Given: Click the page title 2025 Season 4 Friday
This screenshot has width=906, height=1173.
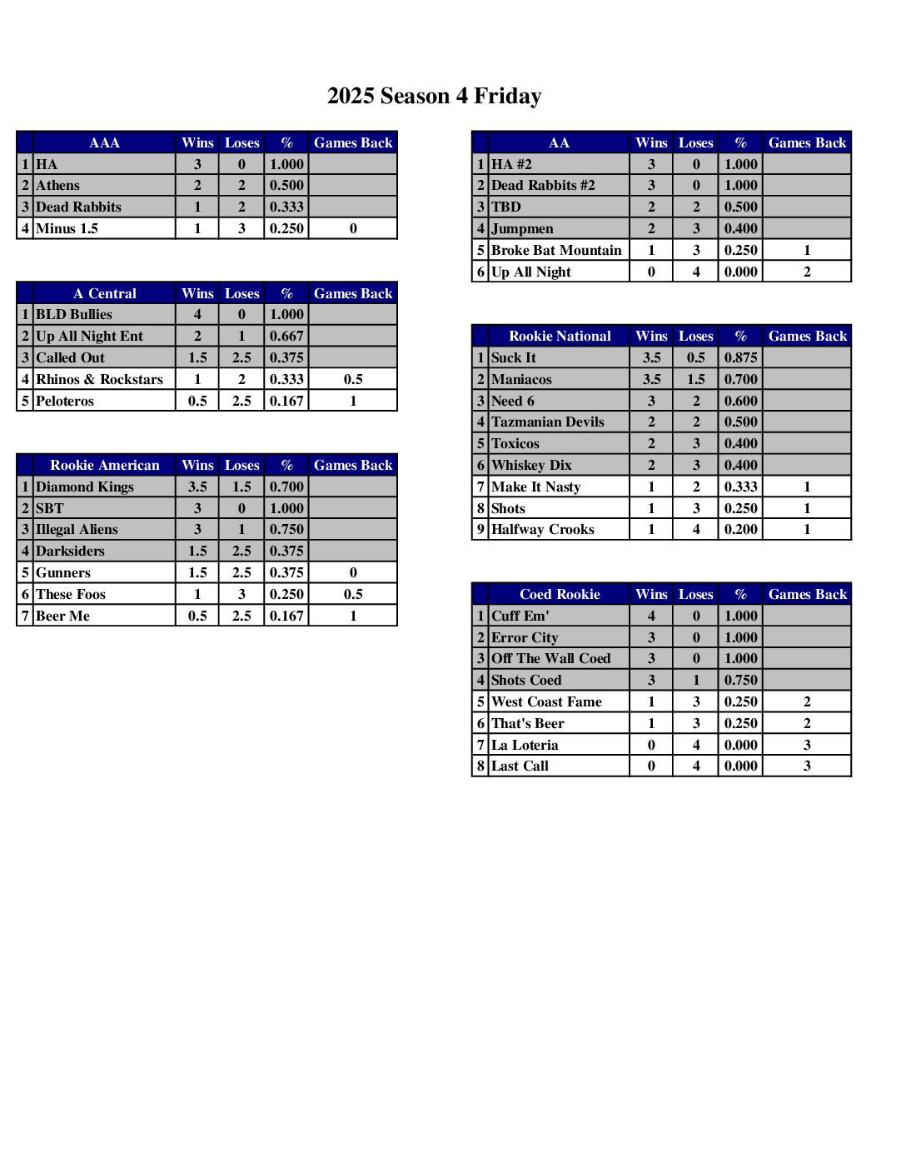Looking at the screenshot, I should (434, 97).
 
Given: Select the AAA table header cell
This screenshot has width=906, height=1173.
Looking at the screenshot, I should (104, 142).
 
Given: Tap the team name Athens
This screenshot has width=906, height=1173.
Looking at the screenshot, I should (58, 186).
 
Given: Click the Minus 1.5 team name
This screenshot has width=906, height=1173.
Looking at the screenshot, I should (67, 228).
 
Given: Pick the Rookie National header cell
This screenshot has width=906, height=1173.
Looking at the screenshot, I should (560, 336).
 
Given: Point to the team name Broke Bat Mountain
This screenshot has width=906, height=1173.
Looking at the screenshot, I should (556, 250).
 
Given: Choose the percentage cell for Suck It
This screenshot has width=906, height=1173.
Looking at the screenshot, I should (740, 357).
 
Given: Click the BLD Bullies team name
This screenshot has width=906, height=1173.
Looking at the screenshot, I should (74, 315).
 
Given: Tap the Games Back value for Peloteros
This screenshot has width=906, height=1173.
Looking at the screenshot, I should (353, 401).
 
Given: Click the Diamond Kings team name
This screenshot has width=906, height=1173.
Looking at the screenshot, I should (85, 487).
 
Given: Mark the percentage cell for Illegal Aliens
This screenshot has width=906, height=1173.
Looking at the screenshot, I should (286, 530).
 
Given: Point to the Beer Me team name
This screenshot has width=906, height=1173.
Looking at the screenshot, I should (62, 616).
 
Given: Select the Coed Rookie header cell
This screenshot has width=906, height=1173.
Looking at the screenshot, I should (560, 594).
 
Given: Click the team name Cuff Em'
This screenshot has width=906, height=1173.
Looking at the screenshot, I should (520, 616).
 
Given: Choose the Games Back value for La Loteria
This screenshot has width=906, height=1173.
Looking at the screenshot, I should (806, 745).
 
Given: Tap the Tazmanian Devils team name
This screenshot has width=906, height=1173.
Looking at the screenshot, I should (548, 422).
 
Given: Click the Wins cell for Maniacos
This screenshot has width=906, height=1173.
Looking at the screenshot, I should (651, 379).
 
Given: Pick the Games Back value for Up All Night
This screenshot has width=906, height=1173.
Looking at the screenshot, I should (806, 272).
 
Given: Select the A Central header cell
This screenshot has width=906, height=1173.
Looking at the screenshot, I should (104, 293).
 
